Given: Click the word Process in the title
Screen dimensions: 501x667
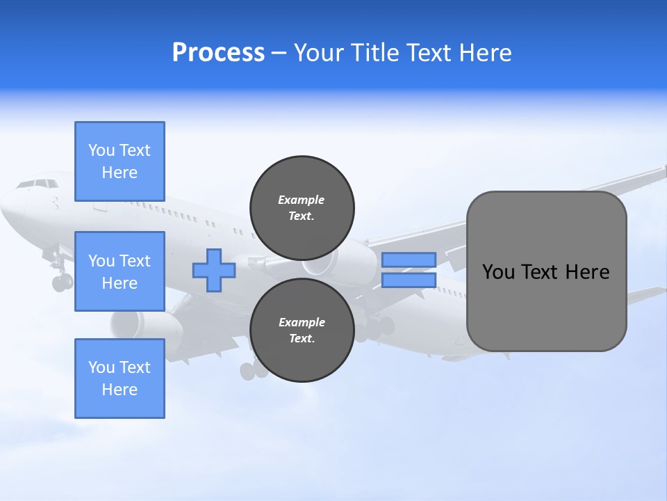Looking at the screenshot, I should click(218, 53).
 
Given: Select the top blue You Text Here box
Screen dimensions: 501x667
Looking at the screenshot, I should click(120, 161).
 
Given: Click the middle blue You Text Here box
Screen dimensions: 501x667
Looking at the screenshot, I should click(120, 271).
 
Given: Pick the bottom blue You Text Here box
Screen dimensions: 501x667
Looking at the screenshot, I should click(120, 378).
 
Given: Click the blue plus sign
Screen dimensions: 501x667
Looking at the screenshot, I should click(214, 270).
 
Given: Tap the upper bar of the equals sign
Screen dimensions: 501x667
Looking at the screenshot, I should click(409, 260).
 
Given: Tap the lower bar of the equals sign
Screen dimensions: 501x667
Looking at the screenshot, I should click(409, 280).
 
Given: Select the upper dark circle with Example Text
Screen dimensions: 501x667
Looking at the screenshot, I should click(302, 207).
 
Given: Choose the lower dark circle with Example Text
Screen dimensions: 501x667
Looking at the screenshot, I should click(302, 330).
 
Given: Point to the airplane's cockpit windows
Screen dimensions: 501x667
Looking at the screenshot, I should click(38, 184).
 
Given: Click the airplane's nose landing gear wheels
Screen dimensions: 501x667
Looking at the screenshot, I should click(61, 282).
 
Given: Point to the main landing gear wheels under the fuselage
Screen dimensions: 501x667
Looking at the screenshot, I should click(253, 370).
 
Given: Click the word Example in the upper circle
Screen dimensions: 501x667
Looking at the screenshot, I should click(302, 200).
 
